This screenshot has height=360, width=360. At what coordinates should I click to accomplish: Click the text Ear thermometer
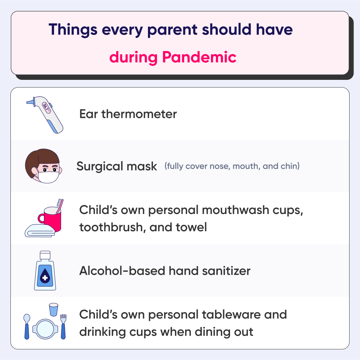pyautogui.click(x=128, y=114)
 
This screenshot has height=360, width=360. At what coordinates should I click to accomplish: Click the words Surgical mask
pyautogui.click(x=117, y=167)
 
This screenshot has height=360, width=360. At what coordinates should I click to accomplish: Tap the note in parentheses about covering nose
pyautogui.click(x=232, y=166)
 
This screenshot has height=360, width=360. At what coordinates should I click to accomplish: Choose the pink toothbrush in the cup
pyautogui.click(x=59, y=206)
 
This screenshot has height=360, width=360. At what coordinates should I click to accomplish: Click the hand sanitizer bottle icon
pyautogui.click(x=45, y=271)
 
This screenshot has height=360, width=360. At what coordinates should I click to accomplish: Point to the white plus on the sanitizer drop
pyautogui.click(x=45, y=277)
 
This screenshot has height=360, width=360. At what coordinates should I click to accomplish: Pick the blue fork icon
pyautogui.click(x=63, y=325)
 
